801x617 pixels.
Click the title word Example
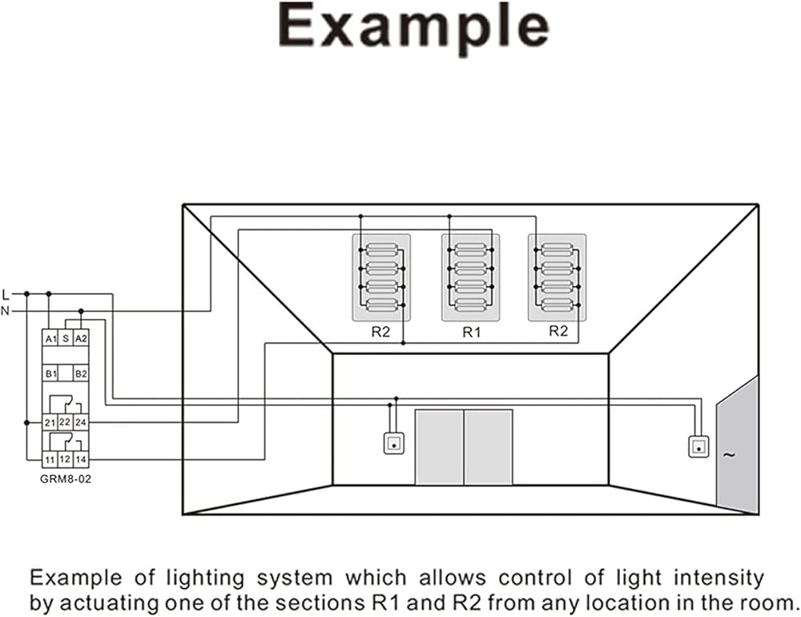413,29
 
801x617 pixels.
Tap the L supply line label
6,293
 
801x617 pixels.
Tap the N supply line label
6,310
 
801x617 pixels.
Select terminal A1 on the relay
50,339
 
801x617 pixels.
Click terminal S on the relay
66,339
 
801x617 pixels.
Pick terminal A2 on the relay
80,339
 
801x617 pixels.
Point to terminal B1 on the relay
50,373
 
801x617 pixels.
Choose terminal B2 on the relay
80,373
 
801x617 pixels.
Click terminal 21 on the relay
50,421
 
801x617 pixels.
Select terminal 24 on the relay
80,421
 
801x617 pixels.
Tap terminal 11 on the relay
50,459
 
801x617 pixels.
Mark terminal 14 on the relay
80,459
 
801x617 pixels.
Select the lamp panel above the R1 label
471,277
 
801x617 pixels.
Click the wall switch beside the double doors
394,443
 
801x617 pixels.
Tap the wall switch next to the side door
699,446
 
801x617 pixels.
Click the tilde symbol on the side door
728,455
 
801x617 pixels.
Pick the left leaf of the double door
439,446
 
